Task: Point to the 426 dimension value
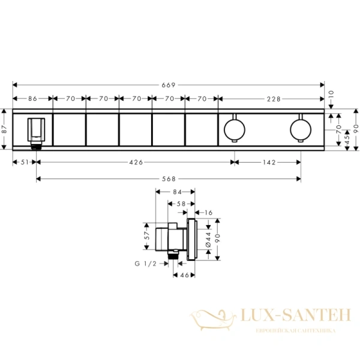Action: (x=134, y=163)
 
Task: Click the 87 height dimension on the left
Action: (x=5, y=129)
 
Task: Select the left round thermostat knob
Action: (x=232, y=129)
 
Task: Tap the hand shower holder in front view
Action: (x=35, y=131)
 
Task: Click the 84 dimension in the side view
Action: (x=175, y=193)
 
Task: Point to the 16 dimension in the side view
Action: (x=208, y=212)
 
